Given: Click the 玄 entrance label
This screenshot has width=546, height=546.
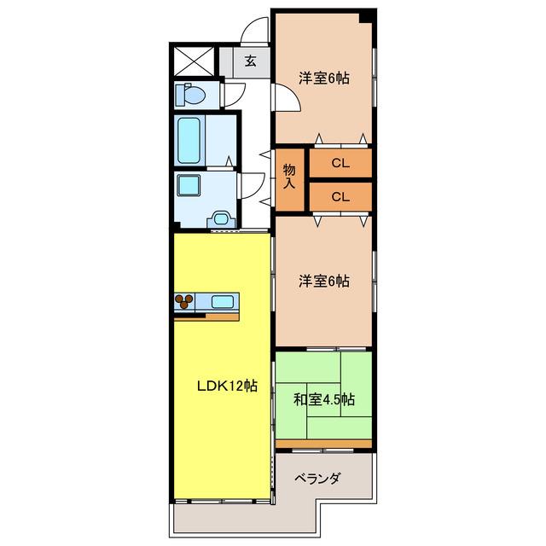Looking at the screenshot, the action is pos(250,61).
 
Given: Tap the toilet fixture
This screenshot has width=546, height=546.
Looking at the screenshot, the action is pos(190,94).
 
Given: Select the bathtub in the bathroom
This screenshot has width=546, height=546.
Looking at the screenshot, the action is pos(189,140).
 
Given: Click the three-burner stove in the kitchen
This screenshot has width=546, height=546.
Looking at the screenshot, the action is pos(184,301).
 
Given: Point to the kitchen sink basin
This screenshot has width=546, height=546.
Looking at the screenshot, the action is pos(222,301).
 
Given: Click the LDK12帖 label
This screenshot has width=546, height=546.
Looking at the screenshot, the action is pos(228,386).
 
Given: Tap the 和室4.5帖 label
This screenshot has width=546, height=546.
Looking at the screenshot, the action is pos(324,399).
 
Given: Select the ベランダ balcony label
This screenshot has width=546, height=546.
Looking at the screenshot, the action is pos(317,479).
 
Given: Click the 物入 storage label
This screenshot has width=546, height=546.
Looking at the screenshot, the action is pos(289,177).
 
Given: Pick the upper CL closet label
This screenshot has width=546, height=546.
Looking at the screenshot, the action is pos(340,163).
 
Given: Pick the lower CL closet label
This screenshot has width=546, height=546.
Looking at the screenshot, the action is pos(340,197).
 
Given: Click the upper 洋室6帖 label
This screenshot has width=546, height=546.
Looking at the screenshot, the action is pos(324,78).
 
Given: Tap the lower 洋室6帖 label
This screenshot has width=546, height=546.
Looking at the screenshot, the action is pos(324,281).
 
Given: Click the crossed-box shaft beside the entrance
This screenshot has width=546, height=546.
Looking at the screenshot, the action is pos(194,61).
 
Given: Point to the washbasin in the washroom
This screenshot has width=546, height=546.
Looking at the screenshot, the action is pos(222,219).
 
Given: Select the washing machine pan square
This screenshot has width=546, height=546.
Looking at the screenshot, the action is pos(189,185).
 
